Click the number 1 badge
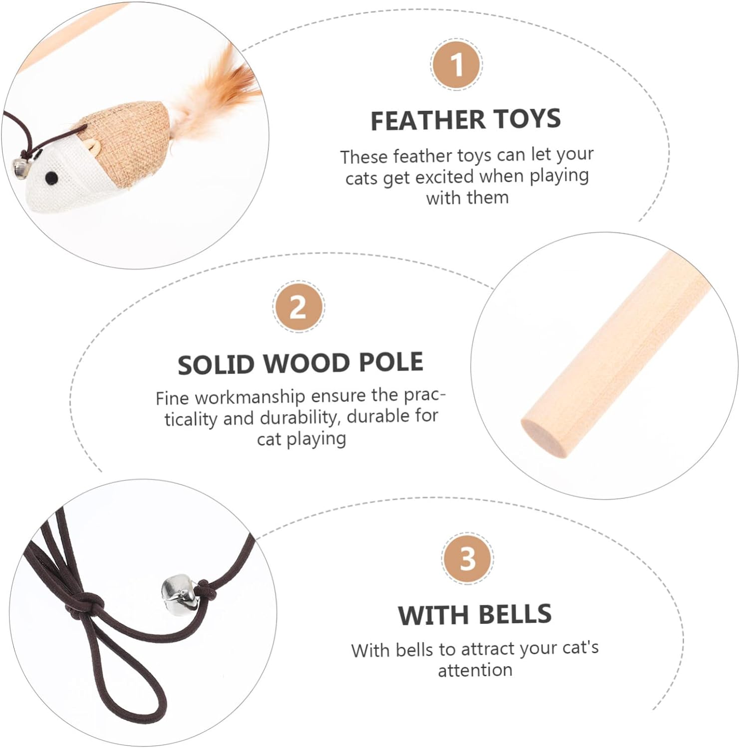[x=456, y=65]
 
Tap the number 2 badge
[x=299, y=306]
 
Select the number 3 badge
[x=468, y=558]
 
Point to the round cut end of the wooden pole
[x=544, y=437]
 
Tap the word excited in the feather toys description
[x=444, y=177]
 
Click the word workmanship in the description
[x=249, y=397]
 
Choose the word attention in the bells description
[x=475, y=670]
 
